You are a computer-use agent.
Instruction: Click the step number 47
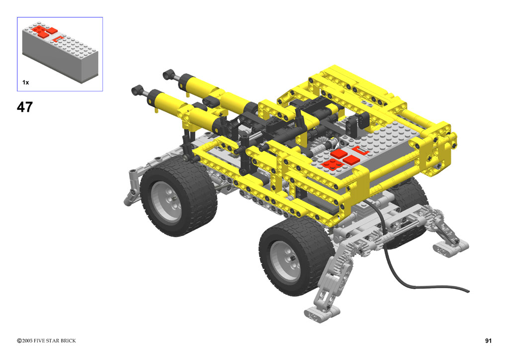point(25,107)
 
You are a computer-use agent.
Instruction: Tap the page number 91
point(488,341)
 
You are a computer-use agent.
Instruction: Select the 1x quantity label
point(26,83)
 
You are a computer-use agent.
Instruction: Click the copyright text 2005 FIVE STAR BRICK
point(46,341)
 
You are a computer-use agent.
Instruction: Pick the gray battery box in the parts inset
point(60,52)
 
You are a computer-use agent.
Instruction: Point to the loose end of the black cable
point(468,291)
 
